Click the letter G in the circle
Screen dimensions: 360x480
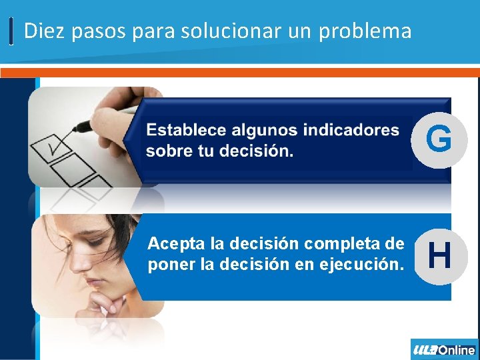439,139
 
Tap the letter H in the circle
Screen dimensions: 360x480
439,255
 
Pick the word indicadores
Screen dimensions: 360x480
354,130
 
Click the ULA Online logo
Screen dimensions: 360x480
444,349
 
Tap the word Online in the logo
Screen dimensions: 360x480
457,349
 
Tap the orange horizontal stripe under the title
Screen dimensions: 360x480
240,71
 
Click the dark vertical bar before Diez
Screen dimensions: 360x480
12,31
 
